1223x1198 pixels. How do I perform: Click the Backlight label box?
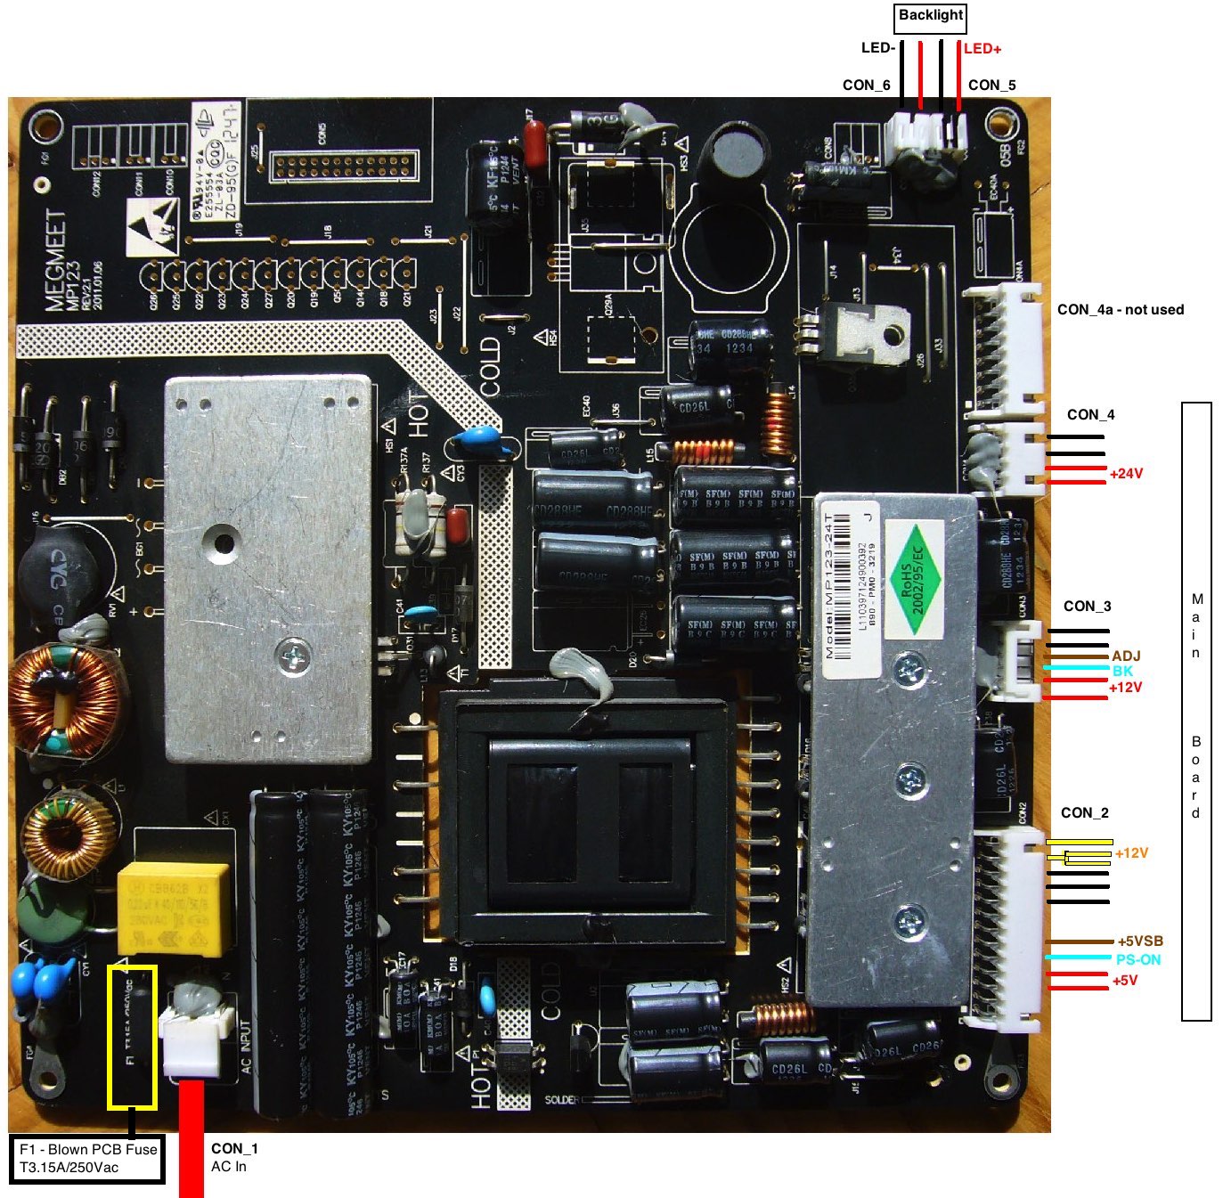[x=930, y=17]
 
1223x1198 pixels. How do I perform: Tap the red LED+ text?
[x=982, y=49]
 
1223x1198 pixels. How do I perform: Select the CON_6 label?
[x=866, y=86]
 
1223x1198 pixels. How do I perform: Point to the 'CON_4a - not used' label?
[x=1120, y=310]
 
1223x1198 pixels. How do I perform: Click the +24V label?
[x=1126, y=474]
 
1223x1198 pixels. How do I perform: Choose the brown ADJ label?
[x=1126, y=656]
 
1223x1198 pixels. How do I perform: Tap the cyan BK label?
[x=1122, y=671]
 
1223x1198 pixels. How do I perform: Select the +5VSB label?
[x=1139, y=941]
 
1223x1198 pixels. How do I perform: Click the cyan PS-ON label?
[x=1137, y=960]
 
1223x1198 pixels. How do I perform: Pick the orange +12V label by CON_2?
[x=1131, y=853]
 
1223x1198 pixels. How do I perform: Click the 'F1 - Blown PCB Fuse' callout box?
[x=87, y=1158]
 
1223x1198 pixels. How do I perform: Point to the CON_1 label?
[x=234, y=1149]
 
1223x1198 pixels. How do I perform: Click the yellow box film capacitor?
[x=174, y=907]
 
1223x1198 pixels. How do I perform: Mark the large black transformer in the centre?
[x=588, y=819]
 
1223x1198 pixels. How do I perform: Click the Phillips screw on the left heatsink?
[x=293, y=657]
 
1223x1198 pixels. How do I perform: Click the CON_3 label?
[x=1087, y=607]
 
